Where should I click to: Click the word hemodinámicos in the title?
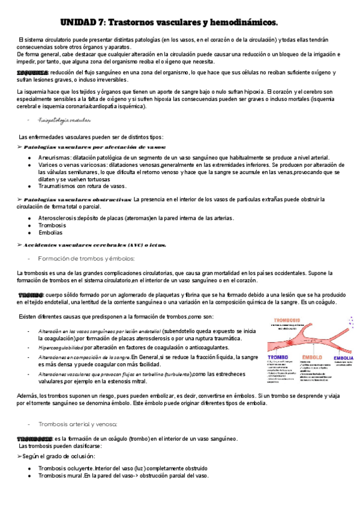coord(245,23)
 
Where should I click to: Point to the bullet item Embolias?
coord(50,232)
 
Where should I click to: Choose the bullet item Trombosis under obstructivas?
coord(52,225)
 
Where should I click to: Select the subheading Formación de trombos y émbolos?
coord(86,258)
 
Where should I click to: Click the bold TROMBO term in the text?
coord(31,295)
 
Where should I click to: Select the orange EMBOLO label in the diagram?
coord(314,358)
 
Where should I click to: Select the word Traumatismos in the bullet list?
coord(58,186)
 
